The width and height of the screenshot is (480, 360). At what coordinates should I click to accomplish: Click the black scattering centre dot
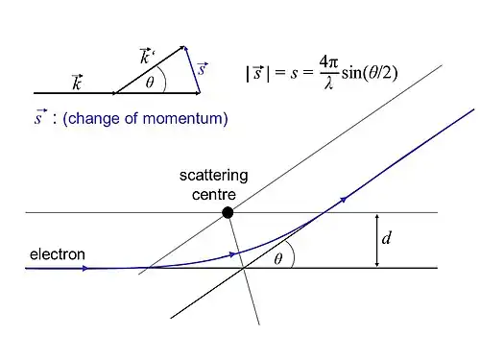pyautogui.click(x=228, y=212)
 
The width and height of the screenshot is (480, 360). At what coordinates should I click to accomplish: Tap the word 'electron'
pyautogui.click(x=58, y=254)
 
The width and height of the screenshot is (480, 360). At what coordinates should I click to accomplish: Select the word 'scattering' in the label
pyautogui.click(x=213, y=176)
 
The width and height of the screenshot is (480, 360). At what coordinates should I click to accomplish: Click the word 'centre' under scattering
pyautogui.click(x=214, y=195)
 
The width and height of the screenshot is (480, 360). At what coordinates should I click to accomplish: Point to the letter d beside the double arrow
pyautogui.click(x=386, y=238)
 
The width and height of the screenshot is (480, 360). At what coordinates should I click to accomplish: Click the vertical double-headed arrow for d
pyautogui.click(x=377, y=240)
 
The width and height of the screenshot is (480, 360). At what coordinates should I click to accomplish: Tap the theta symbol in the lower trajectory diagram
pyautogui.click(x=278, y=258)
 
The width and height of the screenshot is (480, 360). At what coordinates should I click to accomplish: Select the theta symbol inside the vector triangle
pyautogui.click(x=150, y=83)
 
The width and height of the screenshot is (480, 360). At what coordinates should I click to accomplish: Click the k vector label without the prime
pyautogui.click(x=77, y=83)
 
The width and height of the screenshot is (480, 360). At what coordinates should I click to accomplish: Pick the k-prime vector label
pyautogui.click(x=147, y=56)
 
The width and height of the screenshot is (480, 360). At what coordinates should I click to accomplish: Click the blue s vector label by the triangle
pyautogui.click(x=203, y=69)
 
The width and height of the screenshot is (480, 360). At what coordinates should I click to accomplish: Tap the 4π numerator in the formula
pyautogui.click(x=328, y=62)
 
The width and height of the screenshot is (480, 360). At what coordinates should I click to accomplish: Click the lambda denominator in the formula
pyautogui.click(x=328, y=84)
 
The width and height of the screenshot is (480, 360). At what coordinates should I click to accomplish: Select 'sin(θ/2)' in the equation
pyautogui.click(x=370, y=73)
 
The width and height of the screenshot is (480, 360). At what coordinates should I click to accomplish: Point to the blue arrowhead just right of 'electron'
pyautogui.click(x=84, y=268)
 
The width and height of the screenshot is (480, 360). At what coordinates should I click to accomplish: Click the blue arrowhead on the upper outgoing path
pyautogui.click(x=343, y=200)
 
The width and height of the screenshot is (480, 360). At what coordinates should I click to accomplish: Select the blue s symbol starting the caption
pyautogui.click(x=39, y=117)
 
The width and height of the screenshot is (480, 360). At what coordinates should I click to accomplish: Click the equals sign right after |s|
pyautogui.click(x=280, y=73)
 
